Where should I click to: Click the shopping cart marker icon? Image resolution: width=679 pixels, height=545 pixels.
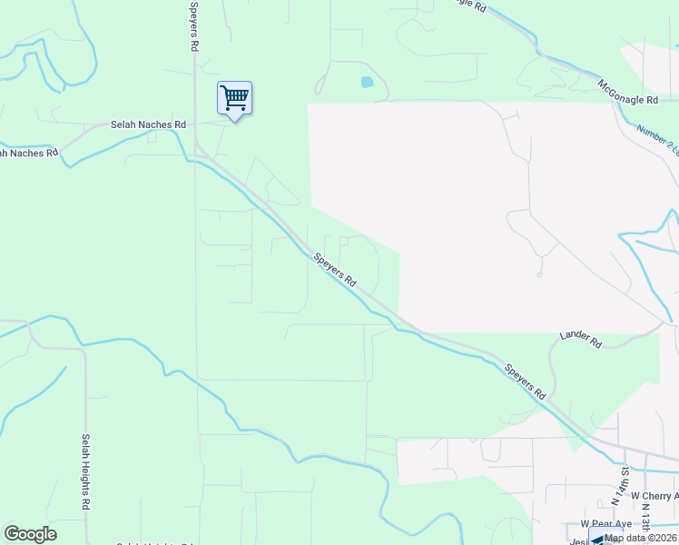(x=234, y=98)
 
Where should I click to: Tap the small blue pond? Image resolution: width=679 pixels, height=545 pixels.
(x=367, y=82)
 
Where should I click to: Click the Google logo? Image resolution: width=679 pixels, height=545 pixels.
(x=30, y=534)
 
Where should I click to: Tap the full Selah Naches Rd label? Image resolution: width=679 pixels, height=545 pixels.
(x=148, y=124)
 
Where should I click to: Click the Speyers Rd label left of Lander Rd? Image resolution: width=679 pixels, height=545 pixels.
(x=335, y=271)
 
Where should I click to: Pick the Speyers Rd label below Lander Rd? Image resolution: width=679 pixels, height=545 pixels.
(x=526, y=381)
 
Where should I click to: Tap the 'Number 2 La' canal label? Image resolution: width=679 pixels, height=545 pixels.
(x=658, y=136)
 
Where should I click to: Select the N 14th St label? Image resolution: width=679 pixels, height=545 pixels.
(x=621, y=487)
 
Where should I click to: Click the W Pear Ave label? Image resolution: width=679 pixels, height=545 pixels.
(x=605, y=524)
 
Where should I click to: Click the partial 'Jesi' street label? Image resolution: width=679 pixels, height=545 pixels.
(x=578, y=540)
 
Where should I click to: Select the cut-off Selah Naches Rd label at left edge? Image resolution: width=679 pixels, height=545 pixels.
(x=27, y=153)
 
